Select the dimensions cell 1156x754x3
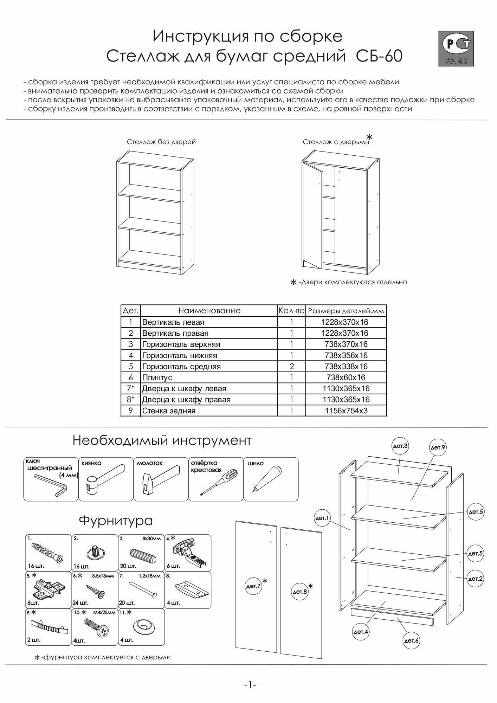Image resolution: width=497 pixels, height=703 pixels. pyautogui.click(x=346, y=411)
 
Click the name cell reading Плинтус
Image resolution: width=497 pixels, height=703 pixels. pyautogui.click(x=157, y=378)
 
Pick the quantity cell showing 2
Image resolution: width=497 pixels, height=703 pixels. pyautogui.click(x=291, y=366)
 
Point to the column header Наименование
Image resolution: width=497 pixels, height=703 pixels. pyautogui.click(x=209, y=311)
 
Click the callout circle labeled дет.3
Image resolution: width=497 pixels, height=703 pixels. pyautogui.click(x=400, y=446)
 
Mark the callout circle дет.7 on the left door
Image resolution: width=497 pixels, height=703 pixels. pyautogui.click(x=254, y=586)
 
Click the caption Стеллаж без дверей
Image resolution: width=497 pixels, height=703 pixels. pyautogui.click(x=161, y=142)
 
